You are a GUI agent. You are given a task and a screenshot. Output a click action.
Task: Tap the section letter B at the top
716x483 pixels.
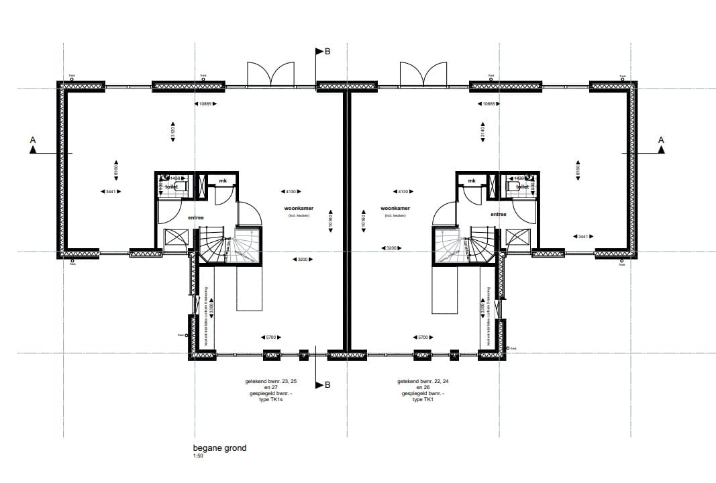point(327,52)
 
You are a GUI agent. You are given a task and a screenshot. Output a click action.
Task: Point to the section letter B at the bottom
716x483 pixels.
point(327,385)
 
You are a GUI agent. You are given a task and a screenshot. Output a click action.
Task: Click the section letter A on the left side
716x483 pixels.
point(32,140)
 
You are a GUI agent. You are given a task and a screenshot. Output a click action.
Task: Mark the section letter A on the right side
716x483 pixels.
point(661,140)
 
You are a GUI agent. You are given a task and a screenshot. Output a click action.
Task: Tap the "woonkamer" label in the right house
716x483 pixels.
point(395,209)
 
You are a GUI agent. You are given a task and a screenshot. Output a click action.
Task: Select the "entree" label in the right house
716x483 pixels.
point(498,215)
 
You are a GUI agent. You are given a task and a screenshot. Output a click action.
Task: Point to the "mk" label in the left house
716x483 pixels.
point(221,181)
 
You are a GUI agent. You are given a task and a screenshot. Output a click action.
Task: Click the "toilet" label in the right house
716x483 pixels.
point(523,187)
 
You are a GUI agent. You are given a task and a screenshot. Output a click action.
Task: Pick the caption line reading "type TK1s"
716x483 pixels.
point(272,399)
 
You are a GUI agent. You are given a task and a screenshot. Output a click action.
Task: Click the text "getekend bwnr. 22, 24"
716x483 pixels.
point(423,381)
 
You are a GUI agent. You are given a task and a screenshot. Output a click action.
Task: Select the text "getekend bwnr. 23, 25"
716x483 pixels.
point(271,381)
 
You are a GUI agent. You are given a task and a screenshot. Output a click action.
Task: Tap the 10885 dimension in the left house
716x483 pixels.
point(205,104)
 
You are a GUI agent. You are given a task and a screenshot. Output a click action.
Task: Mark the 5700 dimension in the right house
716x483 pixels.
point(422,337)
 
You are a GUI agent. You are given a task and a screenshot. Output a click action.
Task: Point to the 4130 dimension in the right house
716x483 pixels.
point(403,192)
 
